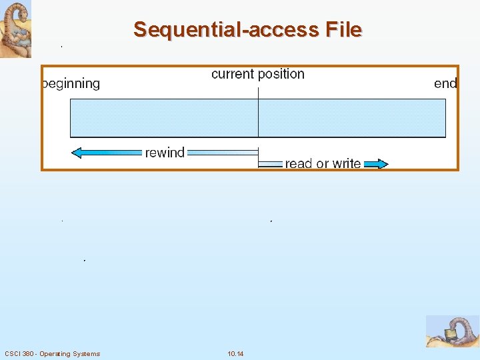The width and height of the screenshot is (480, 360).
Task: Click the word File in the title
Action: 343,30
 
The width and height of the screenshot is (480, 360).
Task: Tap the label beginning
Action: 71,84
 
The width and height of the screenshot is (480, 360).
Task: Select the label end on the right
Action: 445,83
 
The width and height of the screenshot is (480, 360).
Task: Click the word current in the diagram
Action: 233,74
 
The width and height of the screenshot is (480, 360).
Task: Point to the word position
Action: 281,74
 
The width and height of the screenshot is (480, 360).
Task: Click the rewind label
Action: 165,153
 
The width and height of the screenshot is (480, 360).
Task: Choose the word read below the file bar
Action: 299,163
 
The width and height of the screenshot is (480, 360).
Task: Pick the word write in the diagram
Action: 347,163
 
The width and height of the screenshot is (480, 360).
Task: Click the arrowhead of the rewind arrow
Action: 77,153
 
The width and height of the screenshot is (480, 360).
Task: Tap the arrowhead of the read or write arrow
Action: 381,163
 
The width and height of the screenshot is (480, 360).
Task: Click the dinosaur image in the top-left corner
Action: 15,29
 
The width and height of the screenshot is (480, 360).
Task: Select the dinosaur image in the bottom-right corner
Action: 453,331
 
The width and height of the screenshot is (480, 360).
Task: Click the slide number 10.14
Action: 235,353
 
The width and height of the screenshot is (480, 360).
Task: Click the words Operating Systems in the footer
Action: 70,353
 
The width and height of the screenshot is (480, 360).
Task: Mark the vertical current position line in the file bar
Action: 258,118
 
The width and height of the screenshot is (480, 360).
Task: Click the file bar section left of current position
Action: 164,118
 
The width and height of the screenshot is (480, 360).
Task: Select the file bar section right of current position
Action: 351,118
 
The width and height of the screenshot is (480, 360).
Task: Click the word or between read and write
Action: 323,164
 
